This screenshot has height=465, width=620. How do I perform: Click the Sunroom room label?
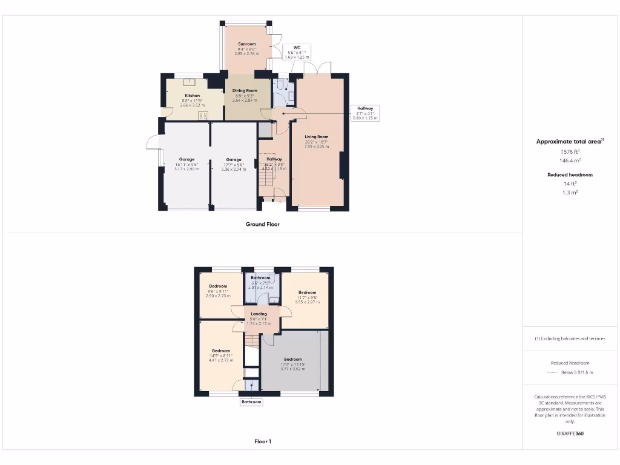pyautogui.click(x=246, y=44)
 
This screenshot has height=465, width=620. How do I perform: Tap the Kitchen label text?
pyautogui.click(x=193, y=96)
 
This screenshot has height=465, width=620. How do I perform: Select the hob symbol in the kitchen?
pyautogui.click(x=203, y=115)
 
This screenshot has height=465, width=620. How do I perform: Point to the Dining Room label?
pyautogui.click(x=245, y=91)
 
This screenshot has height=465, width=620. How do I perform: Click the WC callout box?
pyautogui.click(x=297, y=52)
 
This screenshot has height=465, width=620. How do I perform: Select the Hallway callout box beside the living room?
pyautogui.click(x=364, y=113)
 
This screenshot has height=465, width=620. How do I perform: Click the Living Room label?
pyautogui.click(x=317, y=137)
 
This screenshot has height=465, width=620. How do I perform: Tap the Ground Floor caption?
pyautogui.click(x=262, y=224)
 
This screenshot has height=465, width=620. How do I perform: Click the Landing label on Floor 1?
pyautogui.click(x=259, y=314)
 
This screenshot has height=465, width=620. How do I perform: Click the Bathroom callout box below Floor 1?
pyautogui.click(x=251, y=402)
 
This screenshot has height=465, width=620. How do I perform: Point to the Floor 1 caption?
pyautogui.click(x=262, y=441)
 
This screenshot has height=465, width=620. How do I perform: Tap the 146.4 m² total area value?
pyautogui.click(x=569, y=161)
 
